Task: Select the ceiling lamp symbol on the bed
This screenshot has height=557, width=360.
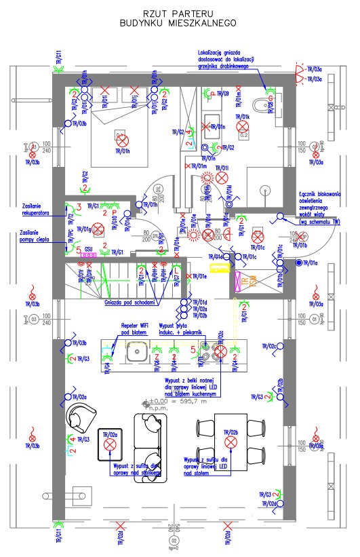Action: [x=121, y=140]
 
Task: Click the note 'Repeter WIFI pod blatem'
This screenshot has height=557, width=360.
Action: [x=140, y=328]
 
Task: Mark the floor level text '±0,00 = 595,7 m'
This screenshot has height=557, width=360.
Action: [x=183, y=402]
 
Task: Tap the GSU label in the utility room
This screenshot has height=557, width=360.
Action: [x=88, y=249]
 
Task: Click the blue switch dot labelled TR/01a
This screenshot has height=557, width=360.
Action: [x=298, y=262]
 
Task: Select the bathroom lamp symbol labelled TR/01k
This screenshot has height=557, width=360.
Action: [x=243, y=126]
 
